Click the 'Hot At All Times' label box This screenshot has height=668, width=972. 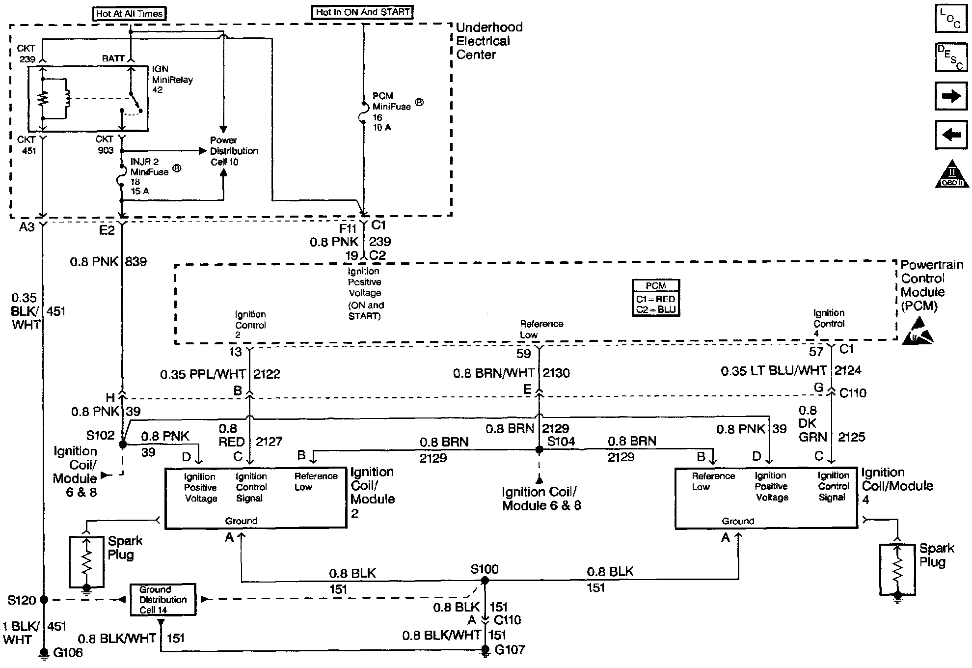pyautogui.click(x=129, y=14)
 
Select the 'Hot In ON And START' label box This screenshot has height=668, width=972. pyautogui.click(x=362, y=12)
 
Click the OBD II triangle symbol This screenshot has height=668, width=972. pyautogui.click(x=951, y=174)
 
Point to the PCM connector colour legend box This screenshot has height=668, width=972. pyautogui.click(x=655, y=298)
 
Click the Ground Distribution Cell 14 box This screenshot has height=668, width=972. pyautogui.click(x=162, y=600)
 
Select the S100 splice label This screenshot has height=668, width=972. pyautogui.click(x=484, y=569)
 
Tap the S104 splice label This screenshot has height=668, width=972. pyautogui.click(x=561, y=442)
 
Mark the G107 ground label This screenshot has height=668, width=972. pyautogui.click(x=510, y=650)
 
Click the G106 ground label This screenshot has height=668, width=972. pyautogui.click(x=68, y=653)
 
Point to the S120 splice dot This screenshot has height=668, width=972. pyautogui.click(x=44, y=600)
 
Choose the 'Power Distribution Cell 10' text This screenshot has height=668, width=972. pyautogui.click(x=234, y=151)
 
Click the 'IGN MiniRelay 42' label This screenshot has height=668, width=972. pyautogui.click(x=172, y=80)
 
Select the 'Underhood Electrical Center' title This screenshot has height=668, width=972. pyautogui.click(x=489, y=41)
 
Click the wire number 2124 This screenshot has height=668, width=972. pyautogui.click(x=848, y=370)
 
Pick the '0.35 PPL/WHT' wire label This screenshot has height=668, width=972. pyautogui.click(x=203, y=374)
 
